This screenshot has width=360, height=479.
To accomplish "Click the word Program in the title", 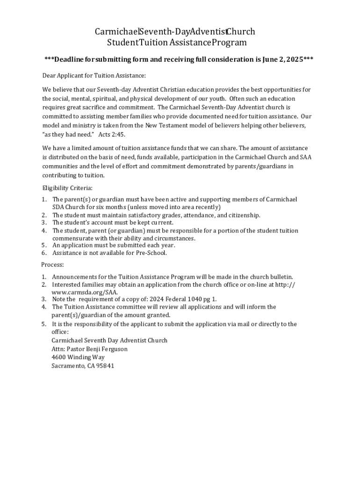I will [x=229, y=43].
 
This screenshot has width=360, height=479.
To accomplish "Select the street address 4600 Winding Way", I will [x=78, y=357].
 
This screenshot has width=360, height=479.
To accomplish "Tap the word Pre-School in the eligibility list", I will [x=151, y=253].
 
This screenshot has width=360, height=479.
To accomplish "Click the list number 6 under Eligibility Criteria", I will [x=43, y=253].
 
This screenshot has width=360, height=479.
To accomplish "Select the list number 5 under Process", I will [x=43, y=324].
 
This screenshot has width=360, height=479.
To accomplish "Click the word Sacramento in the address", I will [x=67, y=366].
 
